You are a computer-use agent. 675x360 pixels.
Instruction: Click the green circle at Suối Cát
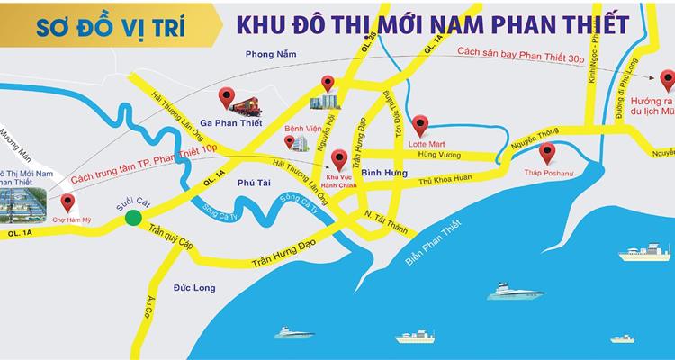[x=134, y=217]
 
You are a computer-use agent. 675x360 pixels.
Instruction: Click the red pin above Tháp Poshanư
[x=548, y=151]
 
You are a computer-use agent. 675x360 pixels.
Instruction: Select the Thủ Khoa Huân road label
[x=445, y=179]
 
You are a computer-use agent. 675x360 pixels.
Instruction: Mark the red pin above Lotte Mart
[x=419, y=123]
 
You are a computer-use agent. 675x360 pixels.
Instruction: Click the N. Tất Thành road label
[x=380, y=215]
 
